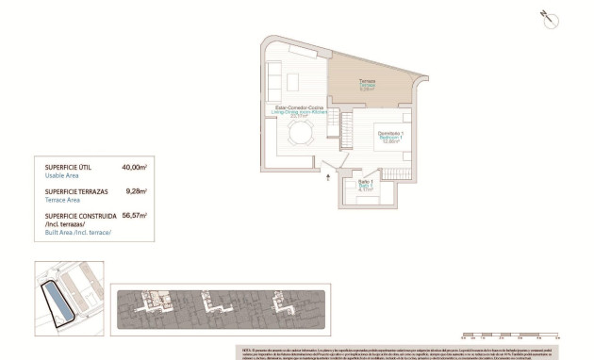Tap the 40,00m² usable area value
135,167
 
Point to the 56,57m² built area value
135,215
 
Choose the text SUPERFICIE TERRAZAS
75,191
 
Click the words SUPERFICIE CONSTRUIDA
78,215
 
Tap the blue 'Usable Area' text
62,176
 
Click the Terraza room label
367,81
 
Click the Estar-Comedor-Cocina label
300,108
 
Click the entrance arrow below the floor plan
327,176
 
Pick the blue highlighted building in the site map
58,303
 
